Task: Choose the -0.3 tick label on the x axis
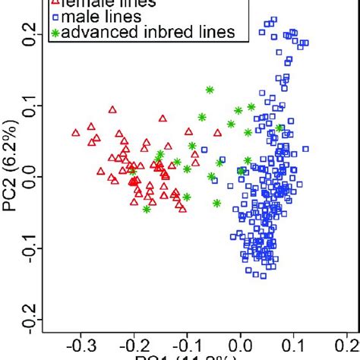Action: [x=77, y=346]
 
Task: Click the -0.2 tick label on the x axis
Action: [x=131, y=346]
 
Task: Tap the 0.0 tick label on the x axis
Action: [x=241, y=346]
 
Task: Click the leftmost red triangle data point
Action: [x=75, y=133]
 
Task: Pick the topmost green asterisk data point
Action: [x=210, y=90]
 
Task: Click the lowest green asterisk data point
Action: [x=146, y=209]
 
